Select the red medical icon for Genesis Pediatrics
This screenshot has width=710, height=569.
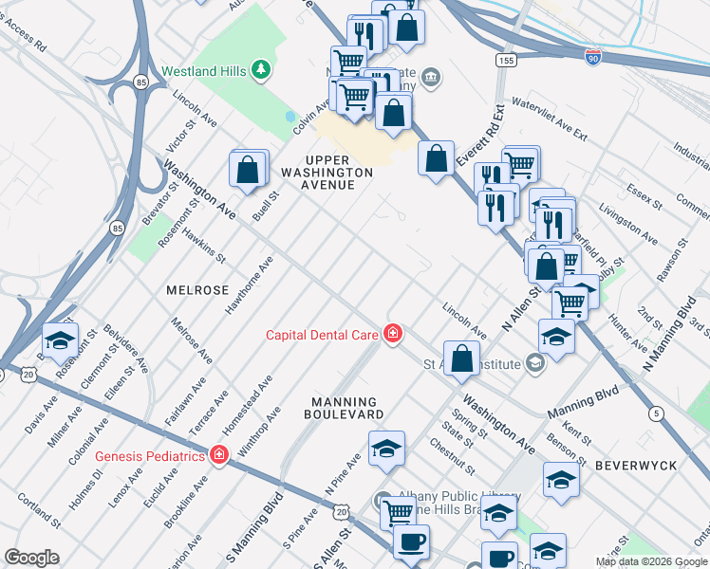219,456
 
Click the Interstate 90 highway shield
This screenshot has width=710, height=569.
593,57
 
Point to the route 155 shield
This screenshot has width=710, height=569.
505,60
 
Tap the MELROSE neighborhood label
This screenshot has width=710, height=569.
196,289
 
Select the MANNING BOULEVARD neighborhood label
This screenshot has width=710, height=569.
345,409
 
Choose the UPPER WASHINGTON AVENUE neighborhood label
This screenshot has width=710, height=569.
326,173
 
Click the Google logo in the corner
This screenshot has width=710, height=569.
31,557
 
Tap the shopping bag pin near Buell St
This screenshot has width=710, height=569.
248,170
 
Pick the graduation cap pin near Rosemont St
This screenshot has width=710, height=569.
61,340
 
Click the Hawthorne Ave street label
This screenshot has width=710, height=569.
249,285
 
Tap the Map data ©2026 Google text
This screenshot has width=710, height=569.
651,561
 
